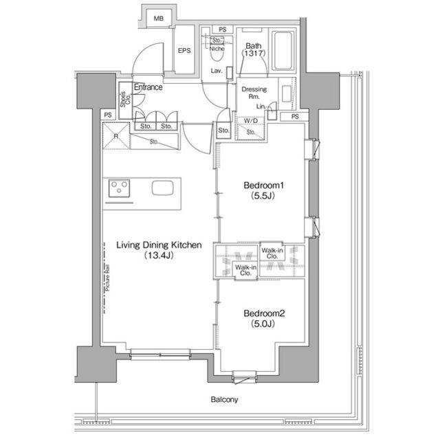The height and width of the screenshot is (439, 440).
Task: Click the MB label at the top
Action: coord(159,18)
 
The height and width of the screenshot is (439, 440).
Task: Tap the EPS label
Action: coord(184,51)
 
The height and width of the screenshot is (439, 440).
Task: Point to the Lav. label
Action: coord(216,71)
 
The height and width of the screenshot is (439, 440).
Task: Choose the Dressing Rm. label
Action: coord(254,93)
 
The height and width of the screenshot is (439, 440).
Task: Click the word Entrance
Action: coord(148,87)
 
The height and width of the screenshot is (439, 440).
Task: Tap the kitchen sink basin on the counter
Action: coord(163,189)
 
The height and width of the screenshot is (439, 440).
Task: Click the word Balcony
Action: coord(224,399)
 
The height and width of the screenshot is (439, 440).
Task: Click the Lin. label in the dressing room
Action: coord(261,106)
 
